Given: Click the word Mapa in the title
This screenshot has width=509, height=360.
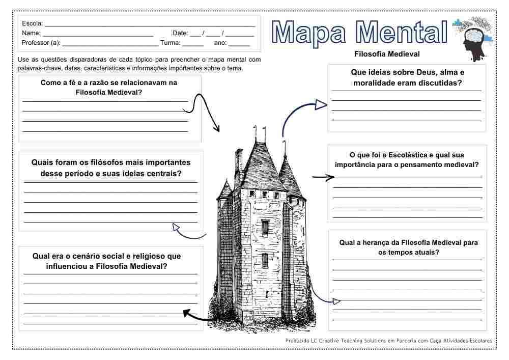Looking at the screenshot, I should click(x=308, y=33).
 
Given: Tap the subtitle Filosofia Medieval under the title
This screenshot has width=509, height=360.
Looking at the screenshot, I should click(x=387, y=53).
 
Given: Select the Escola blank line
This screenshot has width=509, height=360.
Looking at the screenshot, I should click(x=150, y=24).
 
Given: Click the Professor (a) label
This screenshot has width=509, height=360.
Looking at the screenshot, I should click(x=41, y=43).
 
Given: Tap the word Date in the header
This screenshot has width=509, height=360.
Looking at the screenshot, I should click(x=180, y=33).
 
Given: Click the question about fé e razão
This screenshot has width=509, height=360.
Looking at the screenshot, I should click(x=109, y=87).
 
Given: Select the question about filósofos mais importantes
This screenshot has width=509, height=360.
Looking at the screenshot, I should click(x=110, y=168).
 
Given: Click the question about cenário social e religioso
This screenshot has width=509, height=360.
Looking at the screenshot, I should click(x=106, y=261).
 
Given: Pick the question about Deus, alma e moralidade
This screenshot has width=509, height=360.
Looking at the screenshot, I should click(x=407, y=77).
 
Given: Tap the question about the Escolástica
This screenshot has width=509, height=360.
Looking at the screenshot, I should click(x=407, y=159).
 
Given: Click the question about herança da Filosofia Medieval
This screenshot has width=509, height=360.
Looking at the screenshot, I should click(x=409, y=247).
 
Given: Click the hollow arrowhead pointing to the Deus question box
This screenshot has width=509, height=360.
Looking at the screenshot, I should click(x=321, y=105).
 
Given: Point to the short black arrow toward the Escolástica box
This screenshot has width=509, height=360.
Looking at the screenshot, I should click(x=323, y=178).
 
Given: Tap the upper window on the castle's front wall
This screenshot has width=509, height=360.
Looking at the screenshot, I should click(x=265, y=226).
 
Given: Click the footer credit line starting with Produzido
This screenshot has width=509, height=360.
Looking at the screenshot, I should click(x=388, y=340).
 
